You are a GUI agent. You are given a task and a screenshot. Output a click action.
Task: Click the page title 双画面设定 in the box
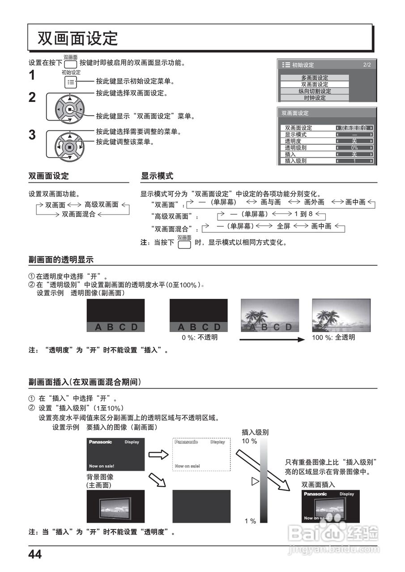[77, 38]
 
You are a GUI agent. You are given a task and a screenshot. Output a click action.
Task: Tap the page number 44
[35, 555]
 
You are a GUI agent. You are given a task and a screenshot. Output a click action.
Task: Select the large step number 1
[32, 76]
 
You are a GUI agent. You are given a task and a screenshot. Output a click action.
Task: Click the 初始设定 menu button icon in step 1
[71, 82]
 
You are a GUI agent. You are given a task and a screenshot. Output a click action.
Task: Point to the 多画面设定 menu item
[315, 78]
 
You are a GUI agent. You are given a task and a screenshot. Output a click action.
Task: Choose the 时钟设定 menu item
[315, 98]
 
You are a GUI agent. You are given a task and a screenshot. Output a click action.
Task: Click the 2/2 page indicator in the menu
[367, 65]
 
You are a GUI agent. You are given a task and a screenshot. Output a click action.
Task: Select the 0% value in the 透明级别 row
[354, 147]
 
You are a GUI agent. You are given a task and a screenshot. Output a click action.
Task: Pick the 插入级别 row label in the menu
[296, 161]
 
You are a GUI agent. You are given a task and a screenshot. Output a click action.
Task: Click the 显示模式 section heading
[157, 176]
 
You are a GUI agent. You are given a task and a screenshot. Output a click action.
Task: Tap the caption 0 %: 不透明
[200, 337]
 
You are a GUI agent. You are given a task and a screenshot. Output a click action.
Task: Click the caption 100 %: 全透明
[333, 337]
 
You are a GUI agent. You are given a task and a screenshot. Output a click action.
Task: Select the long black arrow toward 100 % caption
[272, 340]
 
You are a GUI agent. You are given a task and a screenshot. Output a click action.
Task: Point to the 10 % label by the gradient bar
[249, 441]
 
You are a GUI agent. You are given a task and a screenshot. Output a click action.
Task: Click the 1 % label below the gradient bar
[250, 521]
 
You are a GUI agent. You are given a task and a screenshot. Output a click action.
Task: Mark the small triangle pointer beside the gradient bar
[256, 481]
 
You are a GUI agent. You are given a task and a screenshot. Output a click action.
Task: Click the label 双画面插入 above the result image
[318, 484]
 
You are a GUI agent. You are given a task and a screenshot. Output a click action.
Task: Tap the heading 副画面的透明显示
[61, 260]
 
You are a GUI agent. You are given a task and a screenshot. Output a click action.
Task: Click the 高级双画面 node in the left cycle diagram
[102, 205]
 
